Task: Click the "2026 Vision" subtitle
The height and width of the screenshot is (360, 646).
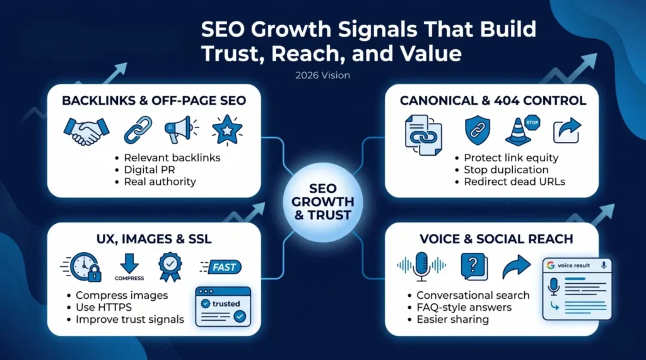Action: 322,76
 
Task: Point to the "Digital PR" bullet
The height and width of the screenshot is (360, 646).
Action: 150,170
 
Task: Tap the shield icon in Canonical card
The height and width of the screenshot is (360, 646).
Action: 477,131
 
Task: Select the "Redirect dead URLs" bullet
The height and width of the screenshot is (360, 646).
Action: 514,182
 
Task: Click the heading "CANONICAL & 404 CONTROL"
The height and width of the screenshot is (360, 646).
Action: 493,100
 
